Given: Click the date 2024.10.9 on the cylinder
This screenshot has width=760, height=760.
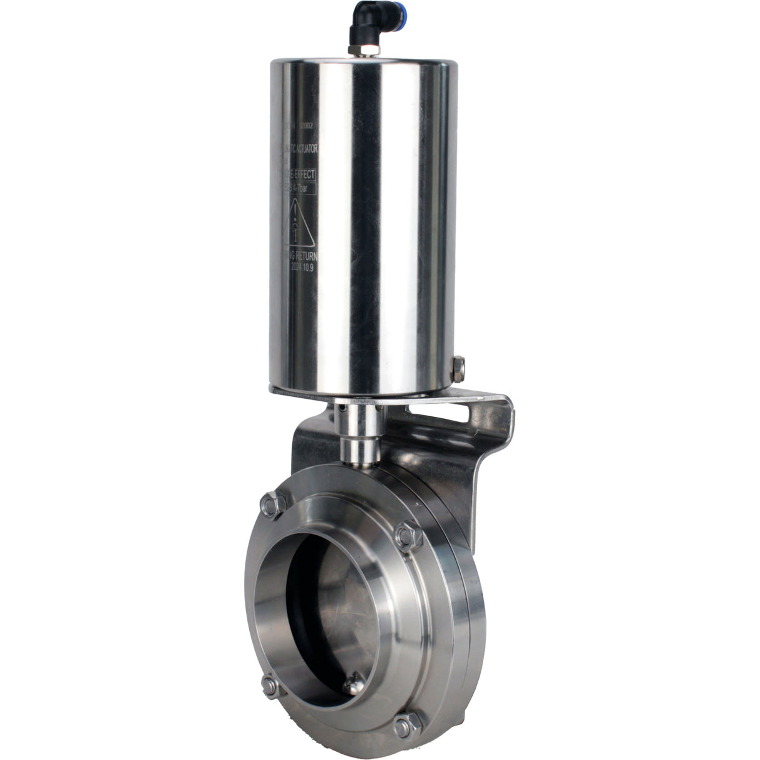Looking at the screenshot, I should pos(304,265).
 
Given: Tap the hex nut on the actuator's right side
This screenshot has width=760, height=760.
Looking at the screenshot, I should pos(458,369).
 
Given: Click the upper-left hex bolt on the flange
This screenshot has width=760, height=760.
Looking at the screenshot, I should pos(272,504).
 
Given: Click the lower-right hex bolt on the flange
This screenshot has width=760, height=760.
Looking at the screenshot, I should pos(405,726).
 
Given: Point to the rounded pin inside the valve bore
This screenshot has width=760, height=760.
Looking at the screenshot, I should pos(355,667).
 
